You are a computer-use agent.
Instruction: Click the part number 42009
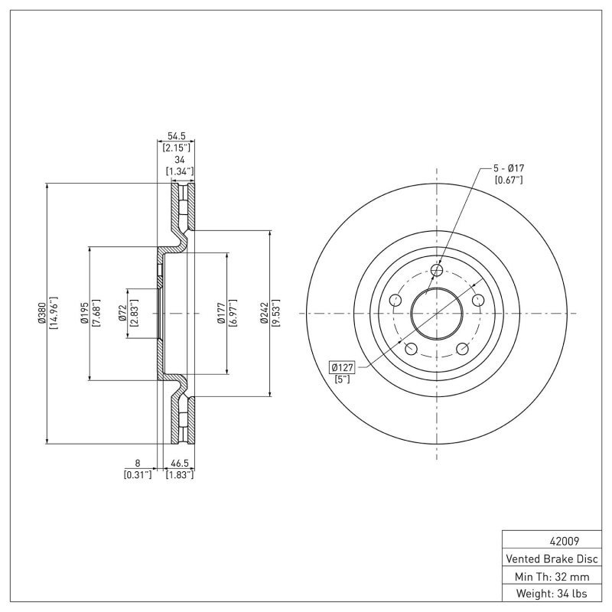[x=554, y=539]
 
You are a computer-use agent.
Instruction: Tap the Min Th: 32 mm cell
[x=554, y=575]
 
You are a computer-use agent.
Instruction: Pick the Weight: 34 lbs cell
[x=554, y=594]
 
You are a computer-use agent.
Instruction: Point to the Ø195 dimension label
[x=84, y=313]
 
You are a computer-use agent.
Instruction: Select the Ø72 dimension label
[x=122, y=313]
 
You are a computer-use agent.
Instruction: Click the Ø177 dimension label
[x=221, y=313]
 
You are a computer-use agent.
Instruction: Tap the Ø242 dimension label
[x=264, y=313]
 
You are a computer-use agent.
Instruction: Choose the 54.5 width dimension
[x=176, y=135]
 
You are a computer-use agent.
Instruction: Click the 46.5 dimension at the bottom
[x=181, y=464]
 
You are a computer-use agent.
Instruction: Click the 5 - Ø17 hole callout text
[x=508, y=168]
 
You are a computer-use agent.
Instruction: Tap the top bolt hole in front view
[x=437, y=269]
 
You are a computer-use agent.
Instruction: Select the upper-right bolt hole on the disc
[x=478, y=300]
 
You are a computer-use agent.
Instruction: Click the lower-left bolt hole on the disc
[x=411, y=349]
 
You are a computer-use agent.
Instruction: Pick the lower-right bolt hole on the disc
[x=462, y=349]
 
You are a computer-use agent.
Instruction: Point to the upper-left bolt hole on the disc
[x=396, y=300]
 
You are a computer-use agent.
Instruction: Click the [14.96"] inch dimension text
[x=54, y=313]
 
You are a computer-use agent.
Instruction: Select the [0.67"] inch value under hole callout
[x=508, y=180]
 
